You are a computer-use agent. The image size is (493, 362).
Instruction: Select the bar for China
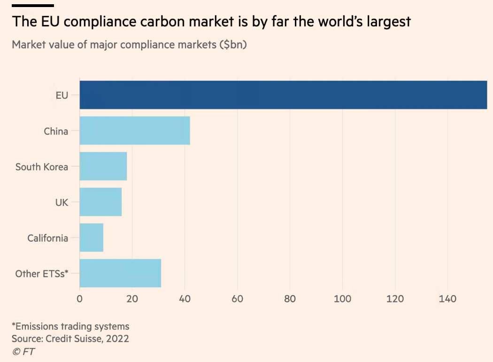coord(135,131)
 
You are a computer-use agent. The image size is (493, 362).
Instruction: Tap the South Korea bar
coord(103,166)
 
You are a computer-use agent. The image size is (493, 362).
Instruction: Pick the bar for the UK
coord(100,202)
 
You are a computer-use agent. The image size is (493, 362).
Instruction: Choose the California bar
coord(92,238)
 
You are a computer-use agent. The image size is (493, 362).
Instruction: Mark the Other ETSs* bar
coord(120,273)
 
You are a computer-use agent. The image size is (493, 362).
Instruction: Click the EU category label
coord(62,95)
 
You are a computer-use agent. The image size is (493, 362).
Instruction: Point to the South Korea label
coord(42,167)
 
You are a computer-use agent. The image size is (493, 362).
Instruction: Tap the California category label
coord(47,238)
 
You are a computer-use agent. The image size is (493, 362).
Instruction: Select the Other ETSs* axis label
coord(42,274)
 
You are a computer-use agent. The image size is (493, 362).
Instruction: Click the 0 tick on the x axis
coord(80,299)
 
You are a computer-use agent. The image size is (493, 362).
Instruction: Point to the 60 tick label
coord(238,299)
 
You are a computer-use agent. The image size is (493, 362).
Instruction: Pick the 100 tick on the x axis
coord(342,299)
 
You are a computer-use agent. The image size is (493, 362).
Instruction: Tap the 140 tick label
coord(447,299)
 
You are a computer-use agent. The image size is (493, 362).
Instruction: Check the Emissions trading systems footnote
coord(70,326)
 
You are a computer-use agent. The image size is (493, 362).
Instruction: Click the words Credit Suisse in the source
coord(74,338)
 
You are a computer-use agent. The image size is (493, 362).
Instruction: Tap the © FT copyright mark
coord(23,351)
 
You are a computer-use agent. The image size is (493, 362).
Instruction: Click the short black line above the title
coord(33,6)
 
